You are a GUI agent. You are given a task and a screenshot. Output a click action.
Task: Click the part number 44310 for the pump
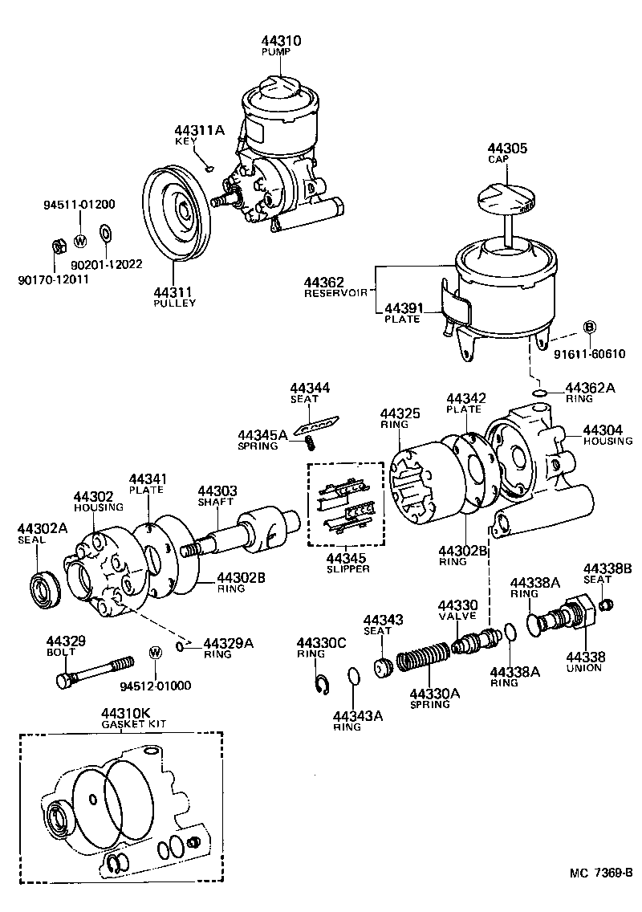pos(281,40)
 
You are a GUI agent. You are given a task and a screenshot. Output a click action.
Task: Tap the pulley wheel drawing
pos(176,215)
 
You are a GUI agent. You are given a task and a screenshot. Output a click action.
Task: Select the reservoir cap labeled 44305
pos(505,200)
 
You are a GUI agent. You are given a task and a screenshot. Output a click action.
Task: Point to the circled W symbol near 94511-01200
pos(80,240)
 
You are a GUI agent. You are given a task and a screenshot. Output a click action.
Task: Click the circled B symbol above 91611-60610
pos(588,327)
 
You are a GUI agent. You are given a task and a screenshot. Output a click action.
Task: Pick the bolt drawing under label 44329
pos(94,670)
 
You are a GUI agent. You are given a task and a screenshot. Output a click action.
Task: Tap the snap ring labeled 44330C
pos(321,685)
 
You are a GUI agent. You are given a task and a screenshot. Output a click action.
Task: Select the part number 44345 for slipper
pos(347,557)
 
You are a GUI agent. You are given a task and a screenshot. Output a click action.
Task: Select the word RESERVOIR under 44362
pos(335,294)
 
